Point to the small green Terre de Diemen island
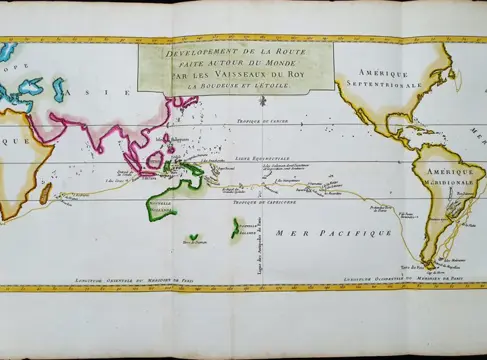pyautogui.click(x=192, y=239)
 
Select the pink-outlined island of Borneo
pyautogui.click(x=157, y=160)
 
